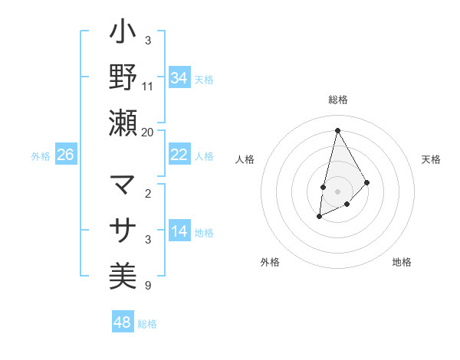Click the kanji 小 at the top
(123, 34)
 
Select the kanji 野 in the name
(123, 77)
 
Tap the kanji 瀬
(123, 123)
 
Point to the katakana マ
(123, 185)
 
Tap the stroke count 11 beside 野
(148, 86)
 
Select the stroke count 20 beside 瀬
(148, 132)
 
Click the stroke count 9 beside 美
(148, 286)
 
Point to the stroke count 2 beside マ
(148, 193)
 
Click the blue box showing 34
(179, 78)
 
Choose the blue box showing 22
(179, 155)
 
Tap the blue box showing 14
(179, 231)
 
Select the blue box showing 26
(66, 155)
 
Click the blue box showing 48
(122, 322)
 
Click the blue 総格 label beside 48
(147, 324)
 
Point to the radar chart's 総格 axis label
(337, 100)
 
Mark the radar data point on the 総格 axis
(337, 129)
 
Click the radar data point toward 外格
(319, 218)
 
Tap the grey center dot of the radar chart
(337, 191)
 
